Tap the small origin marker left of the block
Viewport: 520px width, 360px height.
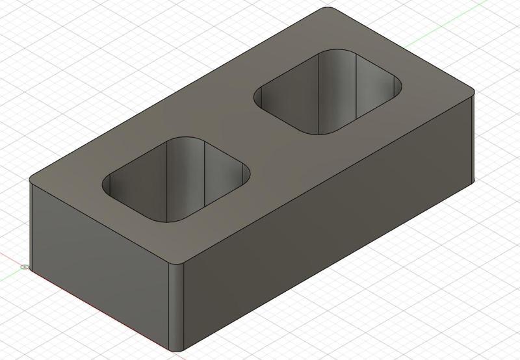(24, 267)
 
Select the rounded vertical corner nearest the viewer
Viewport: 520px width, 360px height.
(177, 305)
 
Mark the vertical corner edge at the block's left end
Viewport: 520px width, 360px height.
(31, 224)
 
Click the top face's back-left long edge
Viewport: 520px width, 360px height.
(175, 95)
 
